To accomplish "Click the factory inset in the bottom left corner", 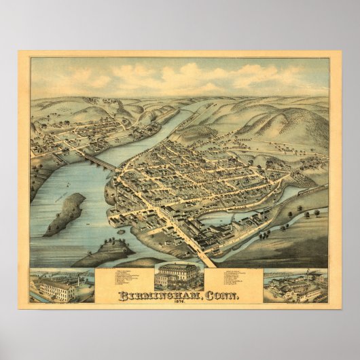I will coord(62,285).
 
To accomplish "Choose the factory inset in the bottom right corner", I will coord(295,285).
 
